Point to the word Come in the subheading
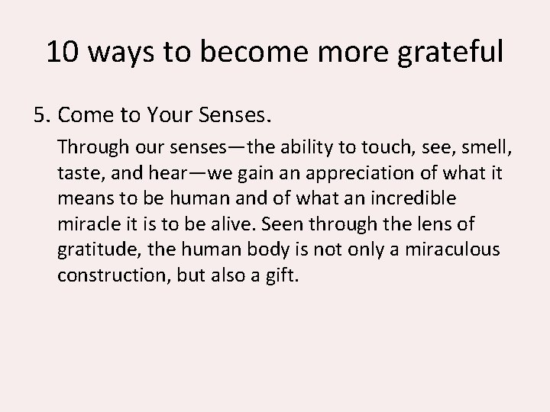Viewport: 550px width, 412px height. (82, 115)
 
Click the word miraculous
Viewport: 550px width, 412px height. (453, 249)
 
